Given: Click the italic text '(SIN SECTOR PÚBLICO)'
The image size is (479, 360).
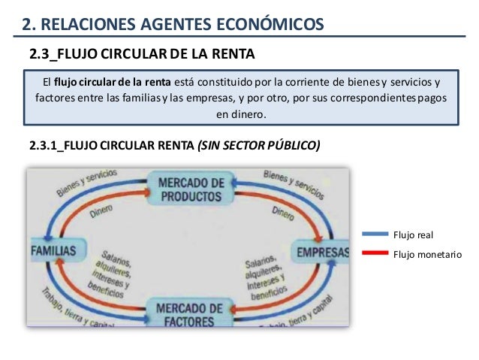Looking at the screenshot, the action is pyautogui.click(x=258, y=146).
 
